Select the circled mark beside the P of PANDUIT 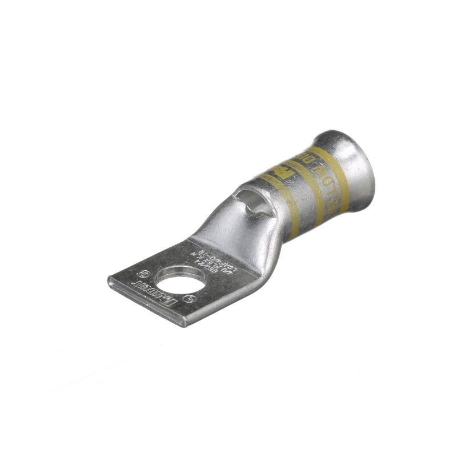tap(193, 298)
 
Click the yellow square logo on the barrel tap(280, 171)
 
